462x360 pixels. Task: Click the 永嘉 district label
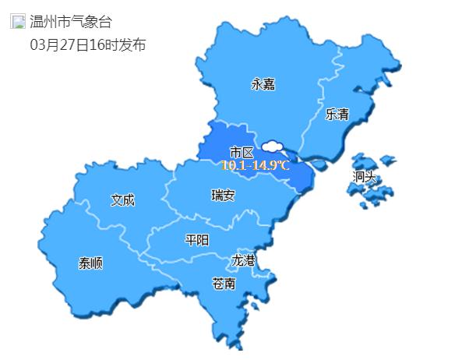(x=263, y=84)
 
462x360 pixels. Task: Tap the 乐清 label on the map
(x=337, y=115)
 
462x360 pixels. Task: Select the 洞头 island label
(x=364, y=177)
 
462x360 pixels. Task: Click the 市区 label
(x=242, y=151)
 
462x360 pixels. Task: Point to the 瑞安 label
(x=223, y=195)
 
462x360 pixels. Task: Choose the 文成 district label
(x=122, y=200)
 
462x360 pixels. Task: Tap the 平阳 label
(x=196, y=240)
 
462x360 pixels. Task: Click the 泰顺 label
(x=90, y=263)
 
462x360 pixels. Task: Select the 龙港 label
(x=243, y=260)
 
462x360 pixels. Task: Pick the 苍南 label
(x=224, y=284)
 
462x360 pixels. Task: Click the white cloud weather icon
(x=273, y=146)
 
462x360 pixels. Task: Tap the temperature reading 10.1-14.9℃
(x=255, y=165)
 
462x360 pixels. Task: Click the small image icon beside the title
(x=17, y=22)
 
